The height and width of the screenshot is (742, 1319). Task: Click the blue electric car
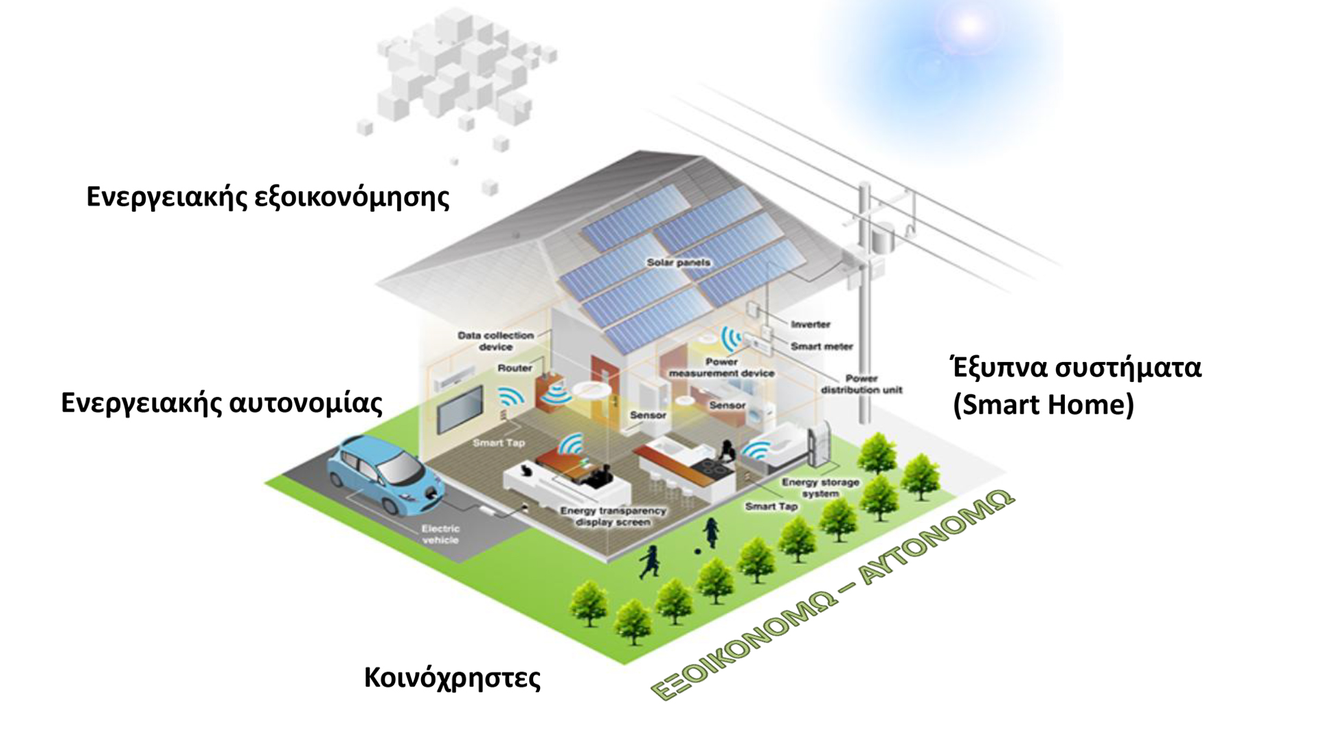[x=385, y=474]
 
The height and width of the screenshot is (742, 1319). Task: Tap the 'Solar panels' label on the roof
[x=678, y=262]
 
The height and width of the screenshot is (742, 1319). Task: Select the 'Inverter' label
[x=811, y=324]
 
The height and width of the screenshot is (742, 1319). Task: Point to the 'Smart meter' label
[x=822, y=346]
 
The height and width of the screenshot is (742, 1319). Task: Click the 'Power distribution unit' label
[x=861, y=384]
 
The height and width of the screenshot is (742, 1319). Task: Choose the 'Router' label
[x=515, y=368]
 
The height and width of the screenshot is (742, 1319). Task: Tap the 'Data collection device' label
[x=495, y=341]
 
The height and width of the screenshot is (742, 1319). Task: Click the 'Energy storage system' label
[x=820, y=488]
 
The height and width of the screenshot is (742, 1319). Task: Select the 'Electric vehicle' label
[x=440, y=534]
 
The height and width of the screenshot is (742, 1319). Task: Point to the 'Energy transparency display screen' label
[x=613, y=516]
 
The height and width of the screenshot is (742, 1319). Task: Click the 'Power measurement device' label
[x=721, y=368]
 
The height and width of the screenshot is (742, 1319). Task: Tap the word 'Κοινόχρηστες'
[x=452, y=677]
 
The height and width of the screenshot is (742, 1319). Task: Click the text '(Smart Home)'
[x=1043, y=405]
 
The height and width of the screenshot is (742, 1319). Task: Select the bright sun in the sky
[x=969, y=25]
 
